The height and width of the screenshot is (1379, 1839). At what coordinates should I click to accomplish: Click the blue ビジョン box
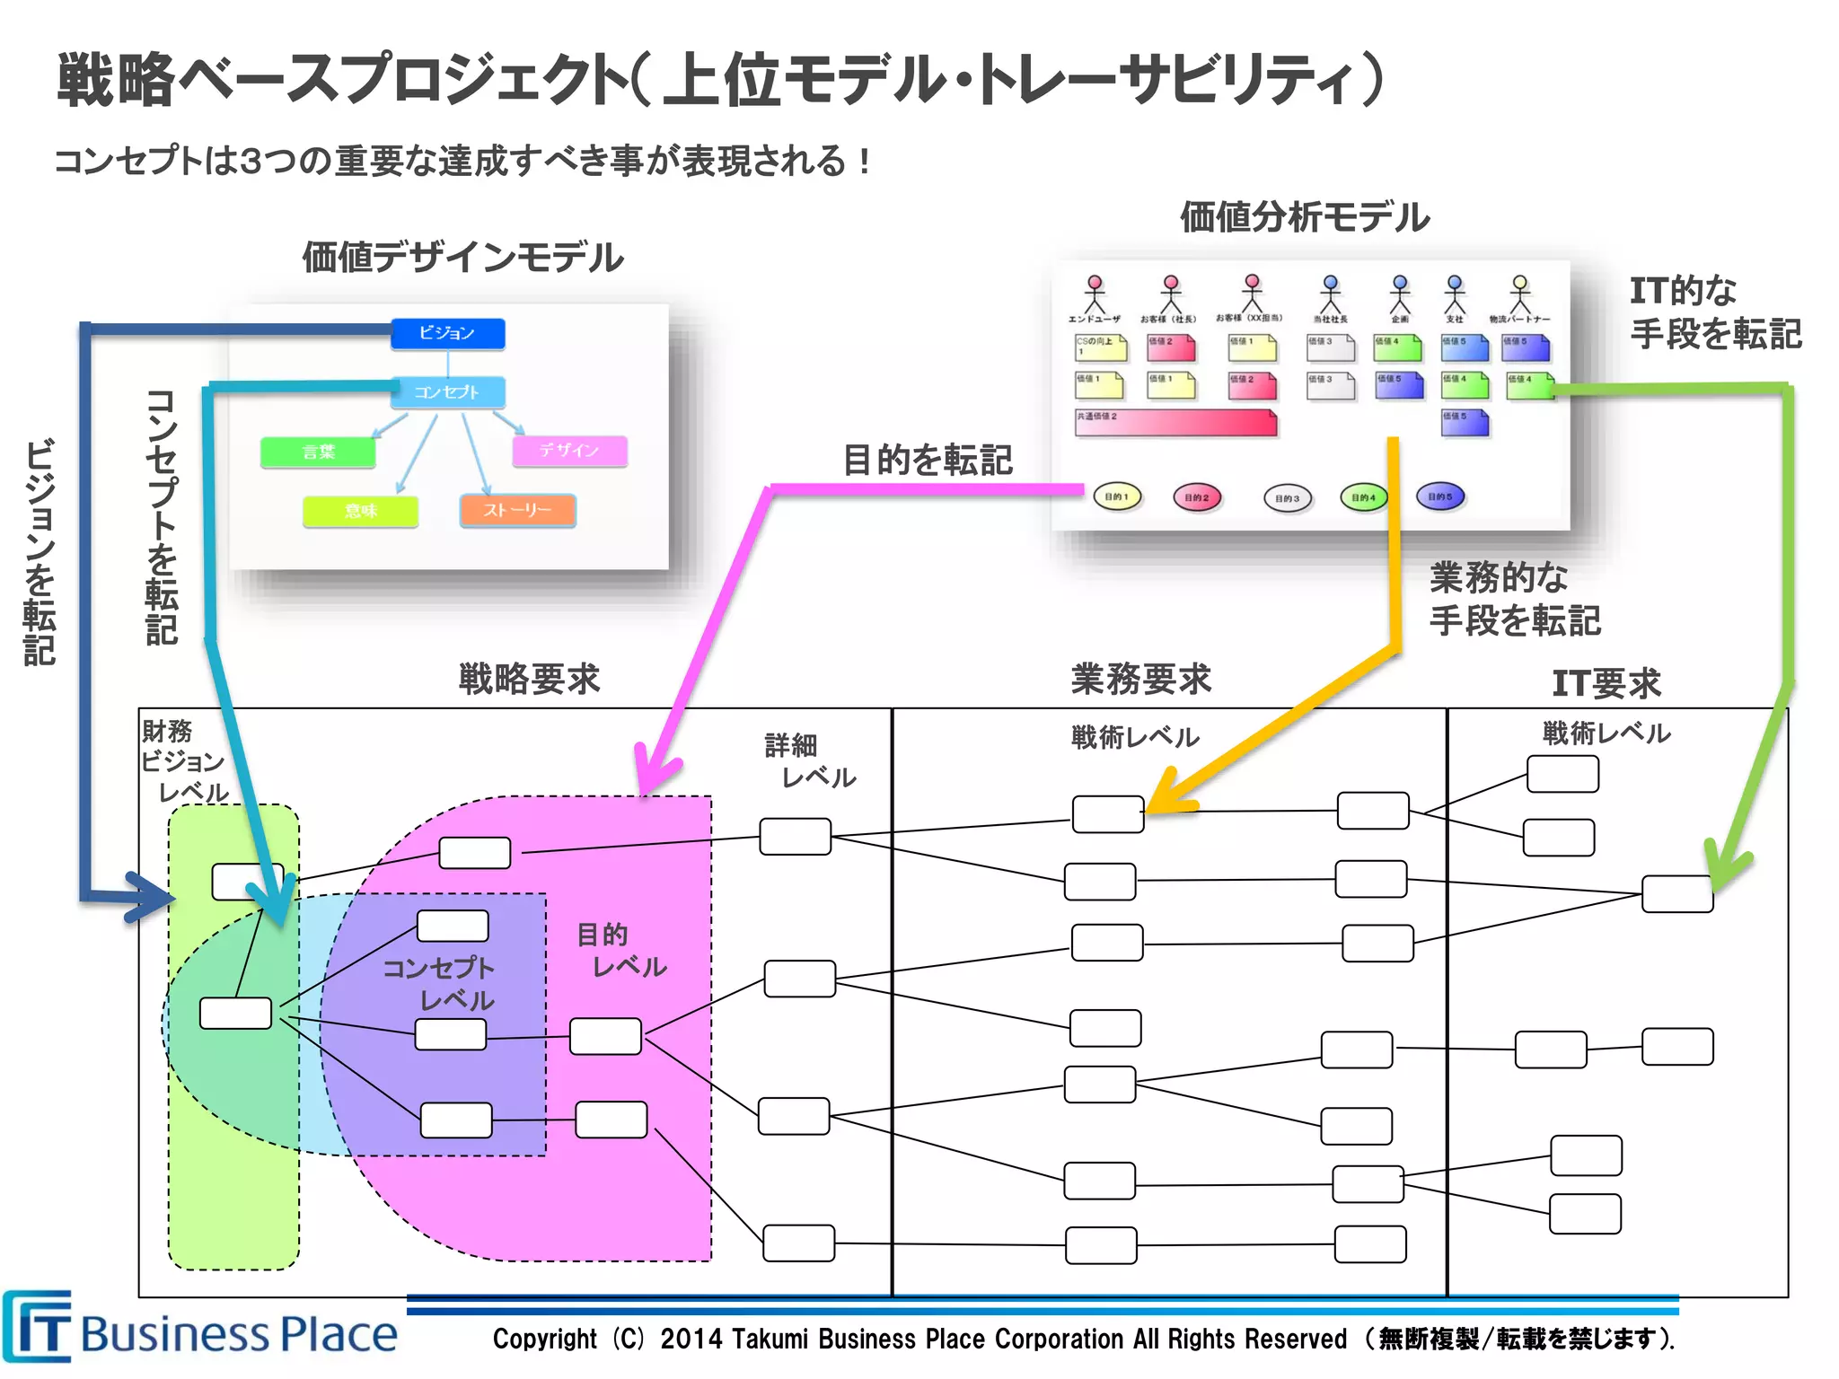447,333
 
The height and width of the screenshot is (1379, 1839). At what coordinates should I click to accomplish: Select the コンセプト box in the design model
447,392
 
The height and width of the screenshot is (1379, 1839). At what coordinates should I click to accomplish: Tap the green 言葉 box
318,452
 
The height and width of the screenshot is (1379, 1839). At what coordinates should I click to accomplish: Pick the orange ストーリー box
517,510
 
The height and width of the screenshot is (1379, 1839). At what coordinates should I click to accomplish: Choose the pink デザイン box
569,450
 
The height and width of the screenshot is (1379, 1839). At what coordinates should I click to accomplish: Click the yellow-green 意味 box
360,511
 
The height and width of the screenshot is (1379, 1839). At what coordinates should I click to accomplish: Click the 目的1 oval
1117,496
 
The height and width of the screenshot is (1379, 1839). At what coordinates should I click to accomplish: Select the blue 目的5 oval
1439,496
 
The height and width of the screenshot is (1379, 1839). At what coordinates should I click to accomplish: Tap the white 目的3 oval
1287,498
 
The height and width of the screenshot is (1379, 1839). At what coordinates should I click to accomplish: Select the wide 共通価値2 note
1175,423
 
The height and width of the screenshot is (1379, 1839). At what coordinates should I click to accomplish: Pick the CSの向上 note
1100,347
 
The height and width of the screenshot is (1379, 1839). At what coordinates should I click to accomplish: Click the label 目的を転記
927,460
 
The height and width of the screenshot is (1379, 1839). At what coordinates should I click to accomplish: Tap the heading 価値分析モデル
1304,217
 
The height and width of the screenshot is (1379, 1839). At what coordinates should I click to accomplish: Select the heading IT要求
1606,683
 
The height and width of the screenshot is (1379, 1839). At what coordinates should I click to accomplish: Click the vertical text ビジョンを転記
40,551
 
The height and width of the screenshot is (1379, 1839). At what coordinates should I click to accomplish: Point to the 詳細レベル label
808,760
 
